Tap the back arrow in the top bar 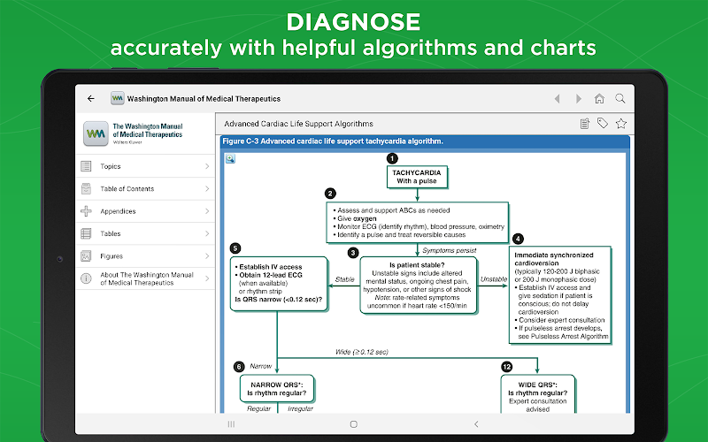click(x=91, y=98)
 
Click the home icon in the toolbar click(x=599, y=98)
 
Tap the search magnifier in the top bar click(x=620, y=98)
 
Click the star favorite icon click(x=621, y=124)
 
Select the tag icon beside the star click(x=603, y=123)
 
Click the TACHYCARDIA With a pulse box click(x=417, y=177)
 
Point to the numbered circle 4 click(x=518, y=239)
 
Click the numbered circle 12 click(x=506, y=367)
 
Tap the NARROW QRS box click(x=277, y=389)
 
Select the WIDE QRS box click(x=537, y=394)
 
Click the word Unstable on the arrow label click(x=494, y=279)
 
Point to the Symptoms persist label click(x=450, y=250)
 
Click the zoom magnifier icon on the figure click(x=230, y=158)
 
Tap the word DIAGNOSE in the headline click(x=353, y=22)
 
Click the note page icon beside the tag click(x=585, y=124)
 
